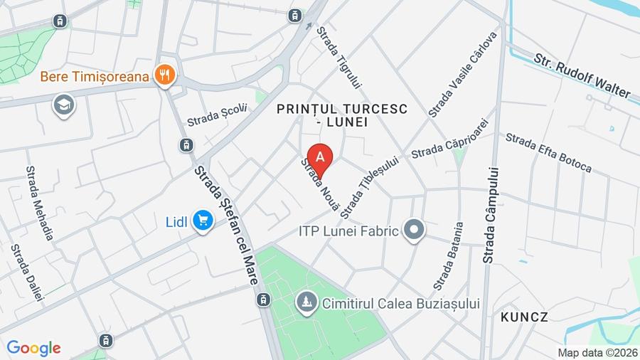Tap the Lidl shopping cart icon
pyautogui.click(x=203, y=221)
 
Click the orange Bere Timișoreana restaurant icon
pyautogui.click(x=165, y=75)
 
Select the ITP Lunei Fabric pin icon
pyautogui.click(x=413, y=230)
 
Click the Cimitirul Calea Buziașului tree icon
pyautogui.click(x=307, y=303)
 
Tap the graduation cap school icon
pyautogui.click(x=63, y=105)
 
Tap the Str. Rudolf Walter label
pyautogui.click(x=582, y=74)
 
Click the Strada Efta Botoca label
pyautogui.click(x=548, y=152)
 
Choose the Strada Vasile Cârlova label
pyautogui.click(x=462, y=74)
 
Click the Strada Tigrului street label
pyautogui.click(x=339, y=58)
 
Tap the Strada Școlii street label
pyautogui.click(x=217, y=115)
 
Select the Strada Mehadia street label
pyautogui.click(x=40, y=203)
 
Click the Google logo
pyautogui.click(x=33, y=349)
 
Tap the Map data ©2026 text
pyautogui.click(x=597, y=352)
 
